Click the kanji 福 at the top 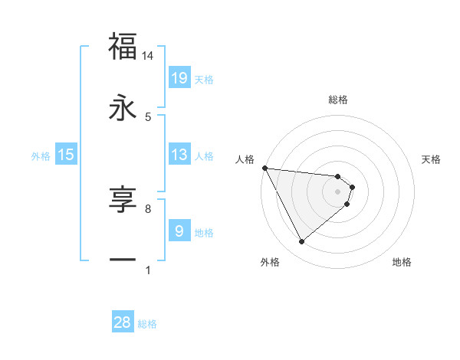tap(123, 47)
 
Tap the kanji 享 tap(123, 201)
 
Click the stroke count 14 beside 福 tap(148, 56)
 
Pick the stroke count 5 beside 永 tap(148, 116)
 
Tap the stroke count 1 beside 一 tap(148, 270)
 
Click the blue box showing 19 tap(179, 78)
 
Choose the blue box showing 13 tap(179, 155)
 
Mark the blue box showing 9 tap(179, 231)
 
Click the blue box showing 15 tap(66, 155)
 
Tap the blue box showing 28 tap(123, 322)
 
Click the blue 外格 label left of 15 tap(41, 155)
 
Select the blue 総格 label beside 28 tap(147, 323)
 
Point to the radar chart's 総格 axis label tap(338, 100)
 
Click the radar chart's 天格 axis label tap(432, 159)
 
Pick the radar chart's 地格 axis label tap(402, 262)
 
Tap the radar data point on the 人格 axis tap(264, 168)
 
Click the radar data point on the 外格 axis tap(301, 242)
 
